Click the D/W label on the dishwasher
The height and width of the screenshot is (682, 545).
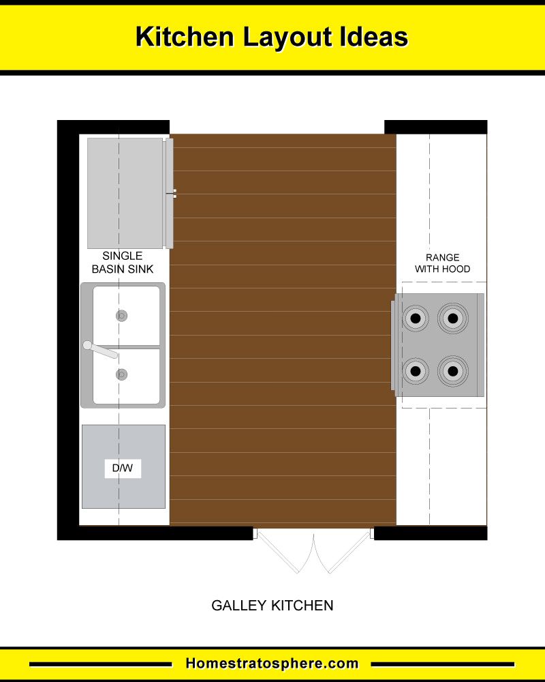[123, 468]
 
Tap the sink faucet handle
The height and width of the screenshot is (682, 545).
[100, 349]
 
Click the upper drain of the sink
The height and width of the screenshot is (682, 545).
[122, 315]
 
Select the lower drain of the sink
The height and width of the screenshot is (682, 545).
[122, 374]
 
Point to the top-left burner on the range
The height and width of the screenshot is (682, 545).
[416, 318]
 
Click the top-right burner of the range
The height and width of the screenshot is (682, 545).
[453, 318]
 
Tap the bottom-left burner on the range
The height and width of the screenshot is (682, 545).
[416, 371]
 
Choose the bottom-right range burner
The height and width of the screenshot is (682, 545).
[453, 371]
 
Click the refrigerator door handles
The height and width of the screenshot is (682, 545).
[174, 194]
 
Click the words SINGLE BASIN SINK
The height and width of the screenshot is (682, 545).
[123, 263]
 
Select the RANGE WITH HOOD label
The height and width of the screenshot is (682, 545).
[442, 263]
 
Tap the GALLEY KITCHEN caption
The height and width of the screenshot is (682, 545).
[272, 606]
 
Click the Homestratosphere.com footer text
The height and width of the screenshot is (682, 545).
[272, 664]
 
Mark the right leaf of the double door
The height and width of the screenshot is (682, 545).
[343, 550]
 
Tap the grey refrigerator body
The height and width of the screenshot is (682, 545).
[125, 193]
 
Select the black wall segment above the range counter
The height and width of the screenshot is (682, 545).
[436, 127]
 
